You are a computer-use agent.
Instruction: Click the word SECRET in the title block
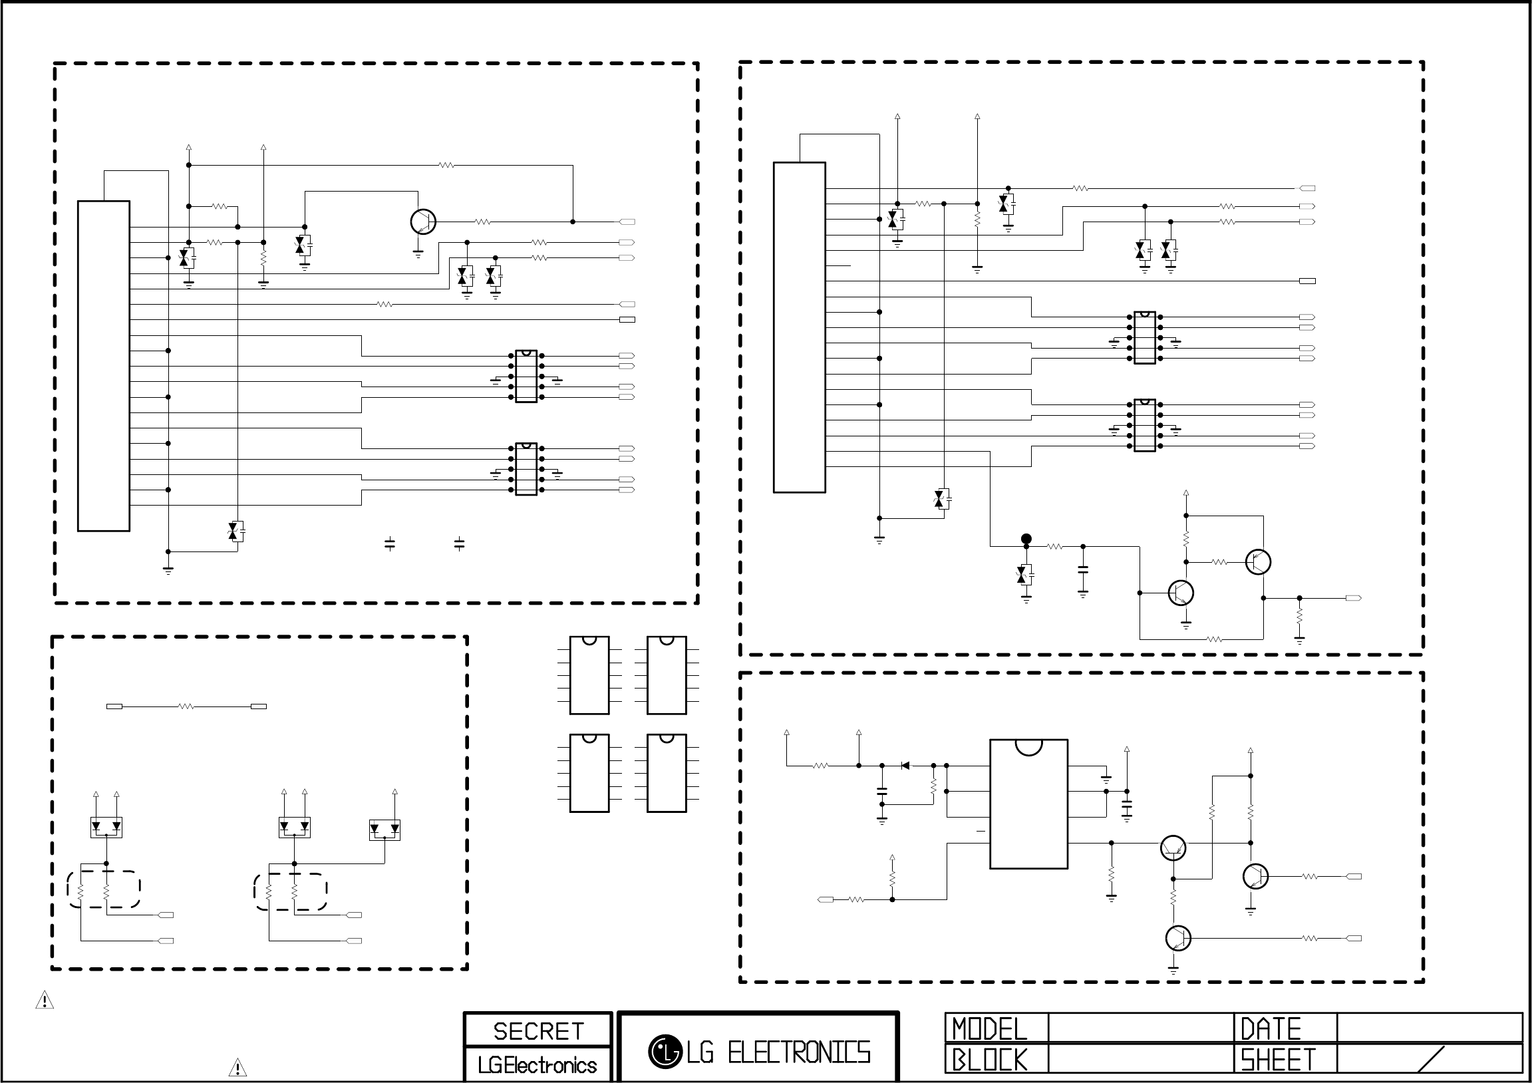(x=538, y=1031)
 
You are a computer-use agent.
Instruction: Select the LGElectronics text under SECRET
(x=537, y=1065)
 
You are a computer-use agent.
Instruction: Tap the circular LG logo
(x=665, y=1052)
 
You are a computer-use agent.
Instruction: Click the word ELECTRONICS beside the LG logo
(x=799, y=1053)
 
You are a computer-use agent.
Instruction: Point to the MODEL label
(x=990, y=1029)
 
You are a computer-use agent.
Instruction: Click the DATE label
(x=1271, y=1029)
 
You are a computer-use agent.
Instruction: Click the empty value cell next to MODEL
(x=1141, y=1028)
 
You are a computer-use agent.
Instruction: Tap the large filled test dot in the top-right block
(x=1026, y=538)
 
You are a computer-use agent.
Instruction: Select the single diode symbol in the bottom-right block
(x=905, y=766)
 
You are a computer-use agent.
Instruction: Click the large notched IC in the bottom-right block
(x=1028, y=804)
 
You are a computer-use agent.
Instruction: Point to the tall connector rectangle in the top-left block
(x=103, y=366)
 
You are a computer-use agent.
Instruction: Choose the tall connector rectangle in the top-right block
(x=800, y=327)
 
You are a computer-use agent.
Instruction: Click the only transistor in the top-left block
(x=423, y=222)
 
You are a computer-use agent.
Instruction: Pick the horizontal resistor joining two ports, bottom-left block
(x=186, y=706)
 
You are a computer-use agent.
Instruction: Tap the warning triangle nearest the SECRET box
(x=237, y=1068)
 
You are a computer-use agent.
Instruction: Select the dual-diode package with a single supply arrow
(x=384, y=830)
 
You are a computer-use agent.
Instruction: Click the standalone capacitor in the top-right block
(x=1083, y=571)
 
